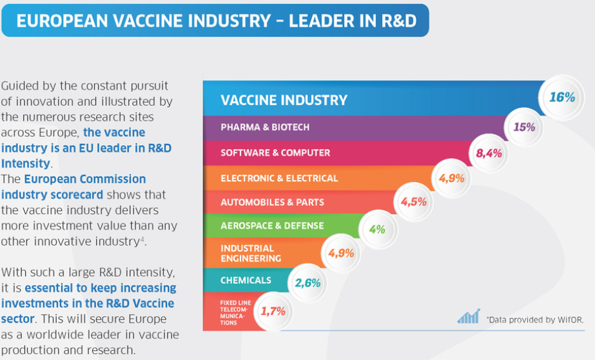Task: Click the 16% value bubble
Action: coord(562,97)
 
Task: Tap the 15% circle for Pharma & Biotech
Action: coord(525,127)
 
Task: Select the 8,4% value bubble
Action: coord(489,153)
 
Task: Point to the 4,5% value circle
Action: coord(414,202)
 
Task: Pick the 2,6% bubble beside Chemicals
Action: coord(307,283)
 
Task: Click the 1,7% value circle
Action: coord(273,312)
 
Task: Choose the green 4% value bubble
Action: coord(378,229)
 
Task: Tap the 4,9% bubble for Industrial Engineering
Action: coord(341,253)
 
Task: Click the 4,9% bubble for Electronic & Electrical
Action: coord(451,178)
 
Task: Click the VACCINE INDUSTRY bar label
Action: coord(284,100)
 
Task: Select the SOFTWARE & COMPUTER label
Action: coord(275,153)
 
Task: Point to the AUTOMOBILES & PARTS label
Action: coord(273,202)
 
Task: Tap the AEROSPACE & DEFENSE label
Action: coord(272,226)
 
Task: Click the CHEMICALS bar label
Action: coord(246,280)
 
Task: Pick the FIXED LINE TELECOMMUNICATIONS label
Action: coord(235,312)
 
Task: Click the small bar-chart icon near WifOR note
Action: coord(469,316)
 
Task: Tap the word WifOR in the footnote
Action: coord(571,320)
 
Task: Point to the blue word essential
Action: coord(51,288)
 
